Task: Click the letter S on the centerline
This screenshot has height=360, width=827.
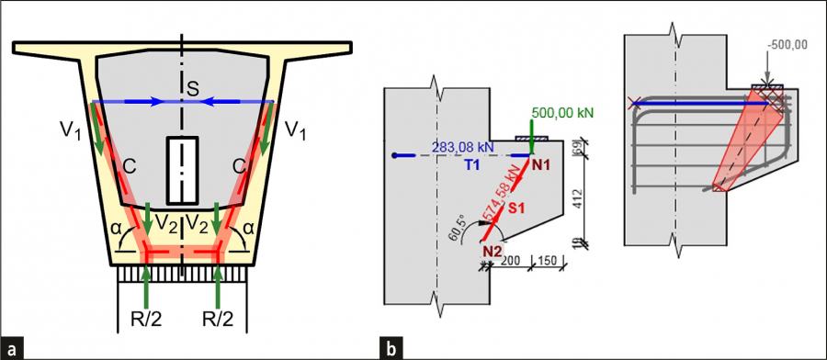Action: click(x=194, y=89)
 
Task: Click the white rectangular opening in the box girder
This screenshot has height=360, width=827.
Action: click(x=182, y=170)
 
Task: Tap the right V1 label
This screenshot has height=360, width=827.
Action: click(x=295, y=129)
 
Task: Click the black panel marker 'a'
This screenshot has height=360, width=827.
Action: click(x=13, y=349)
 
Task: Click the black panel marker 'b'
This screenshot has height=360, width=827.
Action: click(x=391, y=349)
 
